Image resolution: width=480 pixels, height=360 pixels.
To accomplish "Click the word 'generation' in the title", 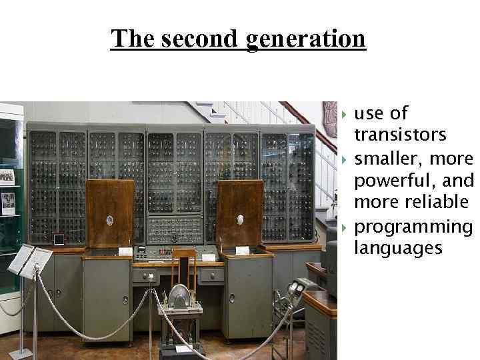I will tap(306, 39).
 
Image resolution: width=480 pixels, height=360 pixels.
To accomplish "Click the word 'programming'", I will tap(413, 226).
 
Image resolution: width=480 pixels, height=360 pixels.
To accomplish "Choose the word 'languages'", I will tap(398, 248).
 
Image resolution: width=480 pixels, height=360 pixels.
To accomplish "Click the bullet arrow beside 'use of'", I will tap(344, 113).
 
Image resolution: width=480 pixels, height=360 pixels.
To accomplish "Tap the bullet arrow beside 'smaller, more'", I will tap(344, 159).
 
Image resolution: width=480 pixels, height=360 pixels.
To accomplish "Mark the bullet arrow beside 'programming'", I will tap(344, 227).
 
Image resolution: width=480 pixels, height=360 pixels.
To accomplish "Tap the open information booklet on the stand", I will tap(29, 259).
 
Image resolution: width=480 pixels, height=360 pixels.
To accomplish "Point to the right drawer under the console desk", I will tap(212, 275).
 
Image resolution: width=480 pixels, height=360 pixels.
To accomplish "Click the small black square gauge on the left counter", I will tap(59, 239).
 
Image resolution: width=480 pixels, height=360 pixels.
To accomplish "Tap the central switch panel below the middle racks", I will tap(174, 229).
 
